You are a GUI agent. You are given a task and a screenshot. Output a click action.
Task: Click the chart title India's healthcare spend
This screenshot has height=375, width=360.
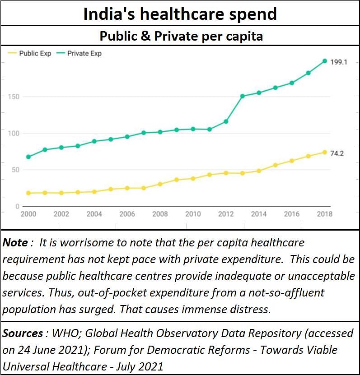click(180, 14)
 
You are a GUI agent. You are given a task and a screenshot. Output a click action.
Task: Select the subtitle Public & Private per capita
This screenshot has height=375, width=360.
click(181, 36)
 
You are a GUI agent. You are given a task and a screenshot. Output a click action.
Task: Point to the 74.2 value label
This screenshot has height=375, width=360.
click(337, 153)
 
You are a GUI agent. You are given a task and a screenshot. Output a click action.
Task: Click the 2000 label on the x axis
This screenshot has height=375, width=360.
click(28, 214)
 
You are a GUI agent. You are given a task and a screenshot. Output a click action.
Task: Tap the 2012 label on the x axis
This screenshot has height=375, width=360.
click(226, 214)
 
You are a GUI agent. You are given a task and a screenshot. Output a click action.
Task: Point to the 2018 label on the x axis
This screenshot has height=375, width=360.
click(324, 214)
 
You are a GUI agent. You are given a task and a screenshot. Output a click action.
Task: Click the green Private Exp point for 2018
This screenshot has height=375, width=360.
click(324, 61)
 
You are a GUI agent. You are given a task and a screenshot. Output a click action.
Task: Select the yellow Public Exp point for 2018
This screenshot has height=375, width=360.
click(324, 152)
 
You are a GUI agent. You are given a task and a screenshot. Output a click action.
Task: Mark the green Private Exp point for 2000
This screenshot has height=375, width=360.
click(28, 157)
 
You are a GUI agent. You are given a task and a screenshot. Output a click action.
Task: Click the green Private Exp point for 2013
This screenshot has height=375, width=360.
click(242, 96)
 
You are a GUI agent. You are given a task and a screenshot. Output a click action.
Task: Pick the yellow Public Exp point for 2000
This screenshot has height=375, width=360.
click(28, 193)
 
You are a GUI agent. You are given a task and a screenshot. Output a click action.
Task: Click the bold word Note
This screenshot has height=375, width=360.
click(15, 243)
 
